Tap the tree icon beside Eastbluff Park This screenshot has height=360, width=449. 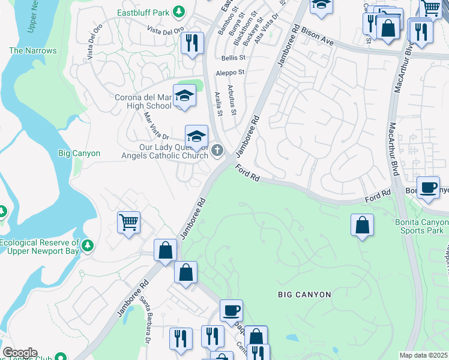178,11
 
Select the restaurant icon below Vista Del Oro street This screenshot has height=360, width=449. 191,43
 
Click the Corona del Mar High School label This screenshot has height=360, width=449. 143,101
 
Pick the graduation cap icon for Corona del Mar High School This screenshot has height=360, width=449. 184,95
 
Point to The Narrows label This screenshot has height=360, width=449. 33,51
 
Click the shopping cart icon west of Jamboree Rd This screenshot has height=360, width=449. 129,223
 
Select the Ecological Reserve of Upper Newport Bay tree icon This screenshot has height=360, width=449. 88,245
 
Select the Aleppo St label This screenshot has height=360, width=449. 231,72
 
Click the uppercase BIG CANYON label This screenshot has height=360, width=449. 304,295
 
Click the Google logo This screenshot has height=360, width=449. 20,353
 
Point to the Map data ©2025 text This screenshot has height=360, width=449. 424,355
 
